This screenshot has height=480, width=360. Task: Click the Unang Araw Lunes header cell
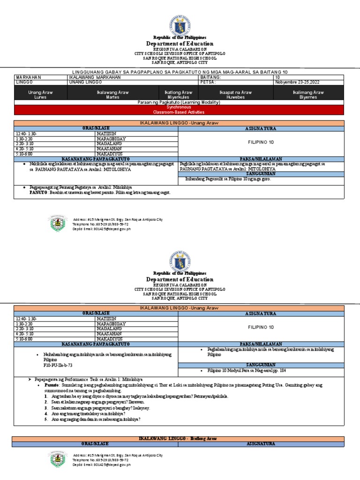click(41, 95)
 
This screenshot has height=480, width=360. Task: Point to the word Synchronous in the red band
click(180, 107)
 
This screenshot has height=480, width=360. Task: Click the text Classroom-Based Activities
click(180, 112)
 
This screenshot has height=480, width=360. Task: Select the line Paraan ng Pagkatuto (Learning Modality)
click(180, 102)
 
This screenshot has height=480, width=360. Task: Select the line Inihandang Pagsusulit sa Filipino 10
click(228, 179)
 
